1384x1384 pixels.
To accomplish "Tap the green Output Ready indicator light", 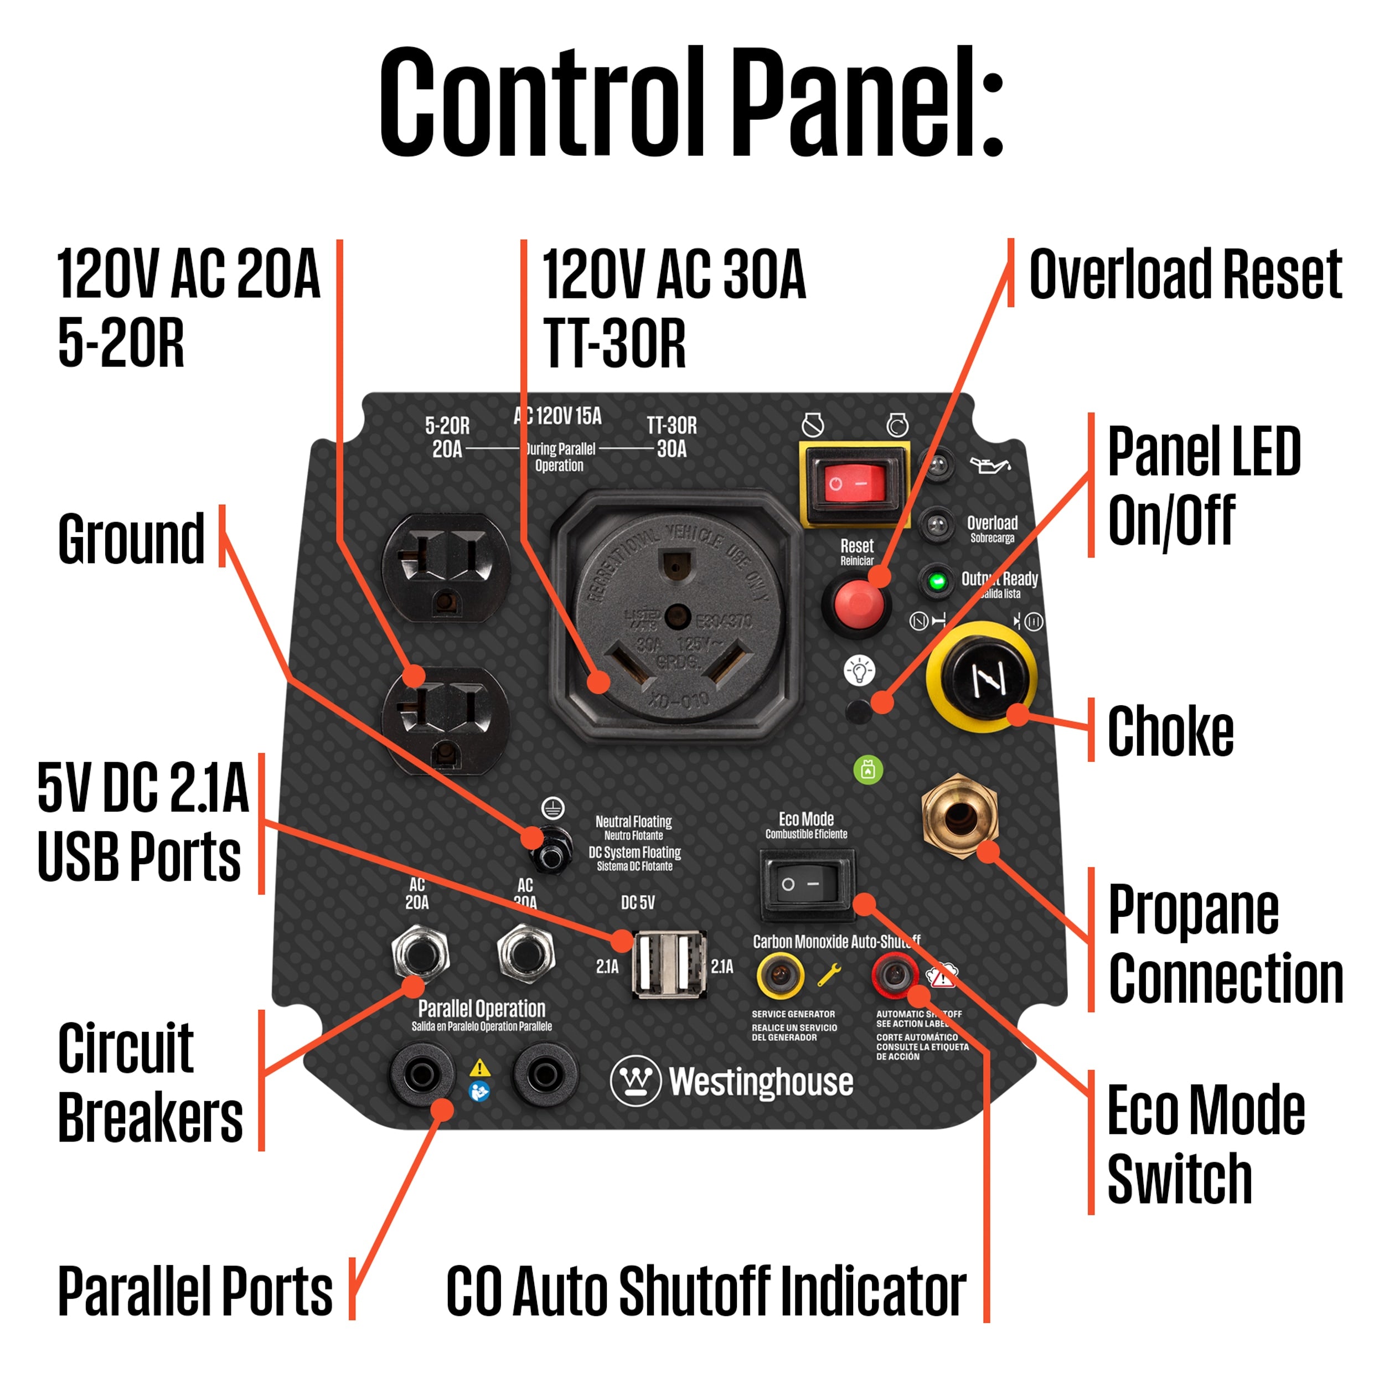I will click(x=936, y=581).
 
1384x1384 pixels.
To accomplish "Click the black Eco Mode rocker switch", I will click(x=807, y=884).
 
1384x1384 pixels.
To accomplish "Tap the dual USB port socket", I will click(x=669, y=963).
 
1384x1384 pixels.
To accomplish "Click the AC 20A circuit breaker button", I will click(x=421, y=952).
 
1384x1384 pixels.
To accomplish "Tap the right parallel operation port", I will click(x=545, y=1075).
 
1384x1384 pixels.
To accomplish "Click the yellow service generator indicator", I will click(x=779, y=974).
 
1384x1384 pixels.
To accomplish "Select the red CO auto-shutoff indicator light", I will click(x=895, y=974).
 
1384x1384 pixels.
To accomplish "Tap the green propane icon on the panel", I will click(x=868, y=770).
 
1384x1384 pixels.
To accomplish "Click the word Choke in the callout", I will click(x=1170, y=731).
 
